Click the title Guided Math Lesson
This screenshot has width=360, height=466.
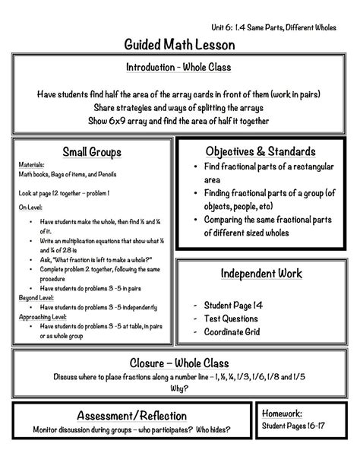pos(180,46)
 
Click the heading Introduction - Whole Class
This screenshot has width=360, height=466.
pos(179,67)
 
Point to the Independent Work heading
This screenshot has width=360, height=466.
pos(261,273)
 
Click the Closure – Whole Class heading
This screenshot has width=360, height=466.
pos(179,363)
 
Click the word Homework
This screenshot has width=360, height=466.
pos(283,413)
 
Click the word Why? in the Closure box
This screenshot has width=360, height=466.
pos(179,388)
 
